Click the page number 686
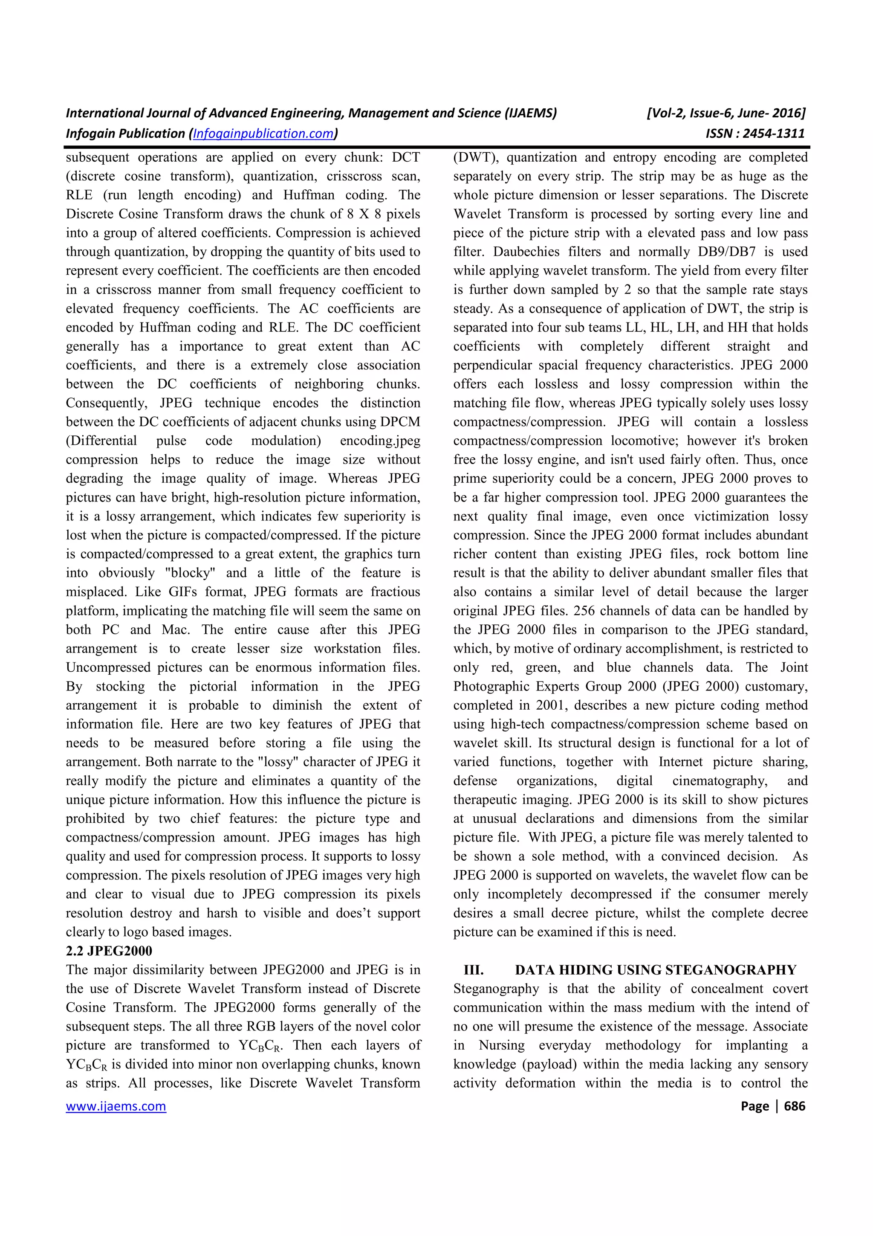click(795, 1106)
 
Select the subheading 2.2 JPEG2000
click(109, 951)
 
